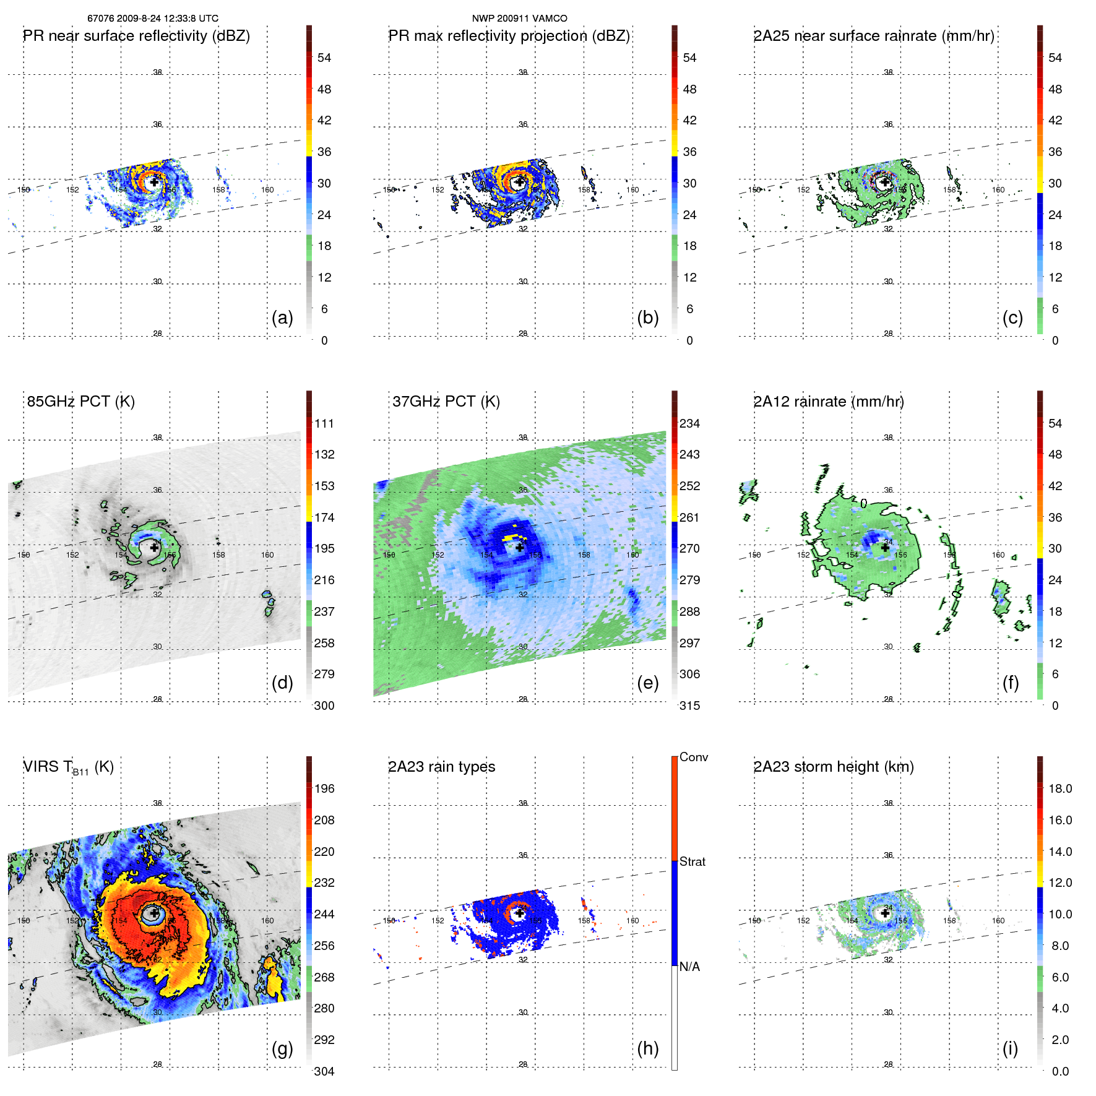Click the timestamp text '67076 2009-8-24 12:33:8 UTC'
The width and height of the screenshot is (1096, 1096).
pyautogui.click(x=153, y=19)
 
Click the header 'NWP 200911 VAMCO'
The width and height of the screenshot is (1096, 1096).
pyautogui.click(x=519, y=19)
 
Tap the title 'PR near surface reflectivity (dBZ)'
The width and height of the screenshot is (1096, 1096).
pyautogui.click(x=137, y=36)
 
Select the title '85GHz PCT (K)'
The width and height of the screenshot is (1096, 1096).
pyautogui.click(x=81, y=402)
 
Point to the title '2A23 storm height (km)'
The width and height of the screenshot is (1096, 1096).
pyautogui.click(x=834, y=767)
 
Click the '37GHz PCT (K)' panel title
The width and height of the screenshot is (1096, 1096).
pyautogui.click(x=446, y=402)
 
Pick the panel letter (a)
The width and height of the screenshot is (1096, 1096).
pyautogui.click(x=282, y=317)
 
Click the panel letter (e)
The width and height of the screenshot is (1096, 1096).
pyautogui.click(x=647, y=683)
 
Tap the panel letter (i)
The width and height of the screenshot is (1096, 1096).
pyautogui.click(x=1010, y=1048)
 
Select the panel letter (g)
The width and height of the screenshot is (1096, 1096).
pyautogui.click(x=282, y=1048)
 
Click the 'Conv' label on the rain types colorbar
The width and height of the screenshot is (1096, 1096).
pyautogui.click(x=694, y=757)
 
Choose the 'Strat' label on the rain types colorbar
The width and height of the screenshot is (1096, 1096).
pyautogui.click(x=693, y=861)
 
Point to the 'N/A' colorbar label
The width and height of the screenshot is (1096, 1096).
pyautogui.click(x=690, y=967)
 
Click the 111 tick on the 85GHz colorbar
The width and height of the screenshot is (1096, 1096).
pyautogui.click(x=324, y=423)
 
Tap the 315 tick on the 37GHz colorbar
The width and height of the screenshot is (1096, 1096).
pyautogui.click(x=689, y=705)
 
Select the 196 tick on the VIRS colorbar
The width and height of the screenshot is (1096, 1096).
pyautogui.click(x=324, y=788)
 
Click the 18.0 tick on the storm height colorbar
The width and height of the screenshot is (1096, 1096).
pyautogui.click(x=1060, y=788)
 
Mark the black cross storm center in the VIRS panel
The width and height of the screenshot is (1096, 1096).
pyautogui.click(x=154, y=913)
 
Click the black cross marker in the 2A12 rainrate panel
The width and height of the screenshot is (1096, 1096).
pyautogui.click(x=885, y=548)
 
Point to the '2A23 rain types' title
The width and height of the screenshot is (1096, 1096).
pyautogui.click(x=442, y=767)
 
